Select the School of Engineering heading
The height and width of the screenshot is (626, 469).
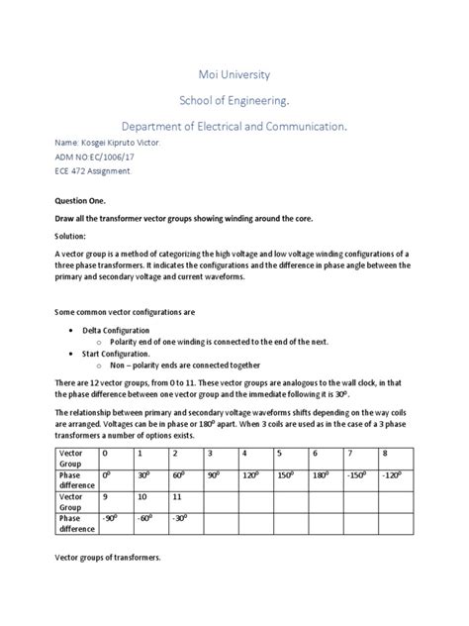coord(234,100)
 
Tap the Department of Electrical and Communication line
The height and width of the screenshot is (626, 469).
coord(234,127)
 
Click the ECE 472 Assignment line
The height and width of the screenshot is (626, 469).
coord(92,170)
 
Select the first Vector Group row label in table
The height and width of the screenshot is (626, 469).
coord(71,458)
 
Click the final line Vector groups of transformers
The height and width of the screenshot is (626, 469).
coord(107,557)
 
